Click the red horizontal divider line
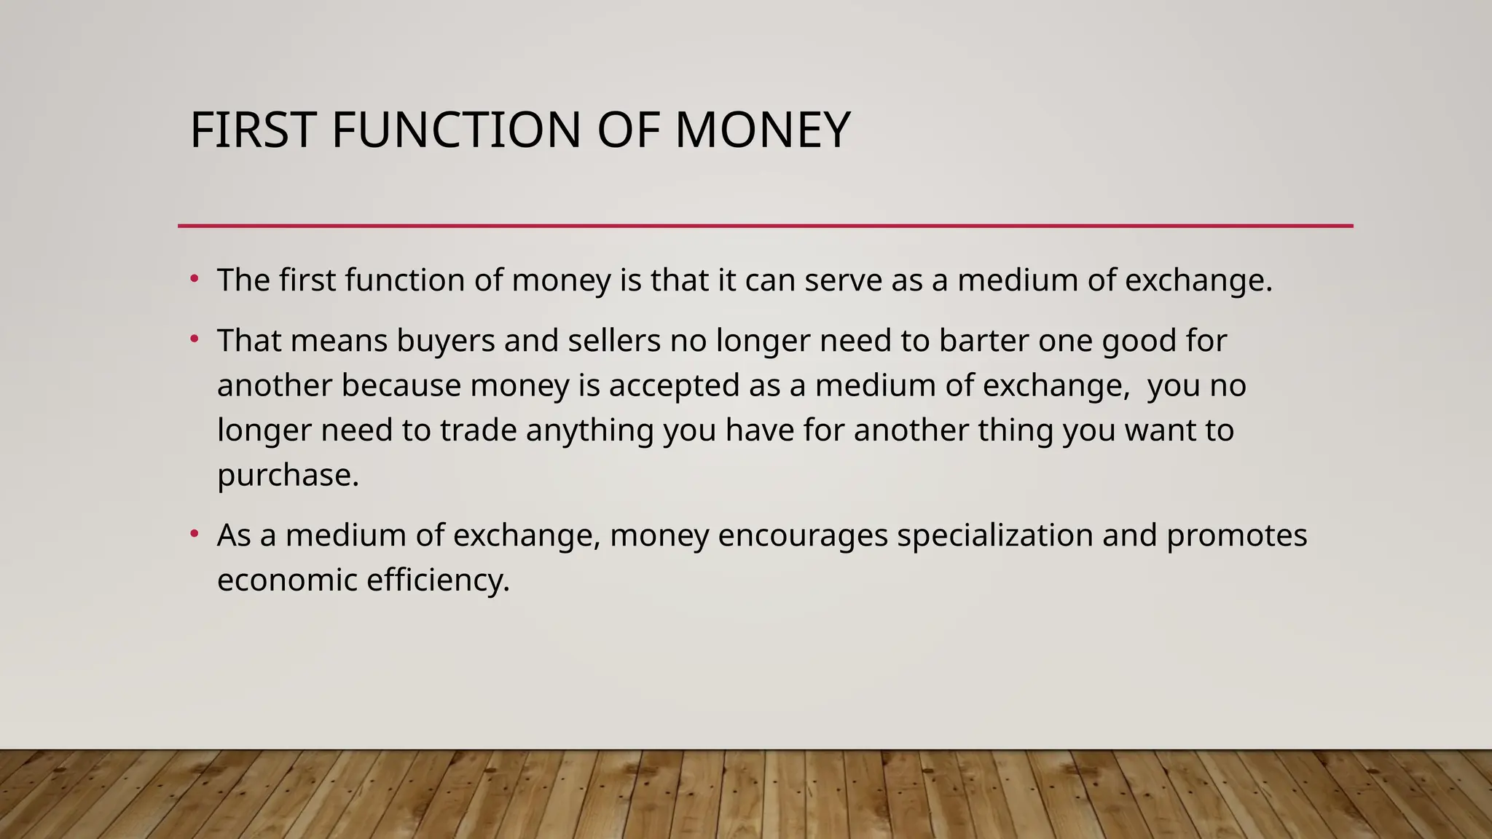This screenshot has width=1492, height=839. [x=765, y=226]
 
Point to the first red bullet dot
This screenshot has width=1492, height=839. [x=194, y=279]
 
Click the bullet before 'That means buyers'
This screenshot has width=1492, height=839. [x=194, y=339]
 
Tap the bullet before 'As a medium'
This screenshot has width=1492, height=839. [x=194, y=534]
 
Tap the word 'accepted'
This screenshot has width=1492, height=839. [x=674, y=386]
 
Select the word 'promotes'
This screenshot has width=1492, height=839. [x=1236, y=536]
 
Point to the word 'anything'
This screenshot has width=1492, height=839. [x=589, y=430]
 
